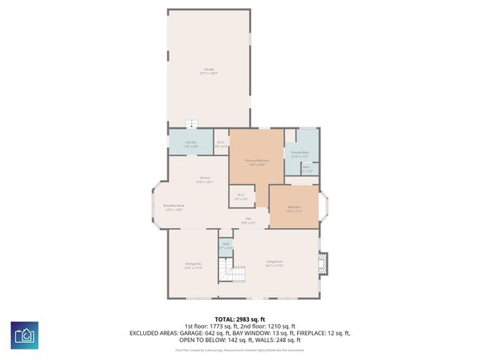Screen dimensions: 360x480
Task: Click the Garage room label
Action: coord(208,72)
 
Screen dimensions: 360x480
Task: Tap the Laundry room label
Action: coord(190,145)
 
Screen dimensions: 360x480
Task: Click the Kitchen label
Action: coord(205,179)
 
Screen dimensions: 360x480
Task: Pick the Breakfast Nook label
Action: coord(174,208)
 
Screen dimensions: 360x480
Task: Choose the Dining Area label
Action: coord(193,265)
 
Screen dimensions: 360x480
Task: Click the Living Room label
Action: coord(274,264)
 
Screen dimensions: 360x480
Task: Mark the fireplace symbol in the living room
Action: coord(323,262)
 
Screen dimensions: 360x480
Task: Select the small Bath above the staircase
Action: coord(226,244)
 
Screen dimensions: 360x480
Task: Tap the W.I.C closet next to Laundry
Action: coord(220,145)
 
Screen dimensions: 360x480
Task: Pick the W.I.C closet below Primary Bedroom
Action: coord(241,196)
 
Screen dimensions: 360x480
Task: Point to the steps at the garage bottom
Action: coord(193,124)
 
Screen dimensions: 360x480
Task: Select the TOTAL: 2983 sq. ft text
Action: coord(240,319)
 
